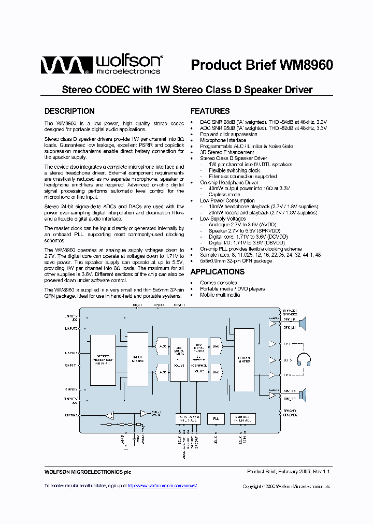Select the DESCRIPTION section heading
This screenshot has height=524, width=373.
(69, 111)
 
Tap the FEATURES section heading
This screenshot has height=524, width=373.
(210, 111)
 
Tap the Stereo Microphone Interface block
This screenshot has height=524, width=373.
(103, 360)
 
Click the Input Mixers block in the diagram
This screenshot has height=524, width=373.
(137, 360)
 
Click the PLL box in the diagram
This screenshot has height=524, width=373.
(216, 418)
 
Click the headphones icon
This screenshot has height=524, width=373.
(303, 359)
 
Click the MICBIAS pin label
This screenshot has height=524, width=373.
(71, 415)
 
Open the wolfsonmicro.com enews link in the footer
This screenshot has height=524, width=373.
(162, 486)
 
